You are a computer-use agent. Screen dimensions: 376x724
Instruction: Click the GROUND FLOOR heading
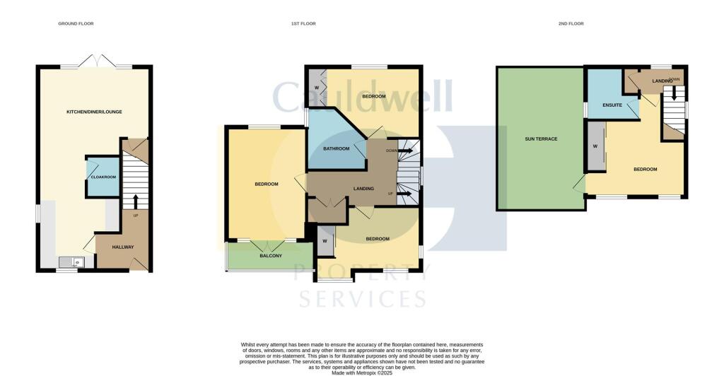click(76, 23)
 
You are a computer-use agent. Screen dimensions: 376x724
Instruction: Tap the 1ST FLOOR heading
click(303, 23)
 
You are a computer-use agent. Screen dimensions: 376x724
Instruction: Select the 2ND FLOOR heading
click(571, 23)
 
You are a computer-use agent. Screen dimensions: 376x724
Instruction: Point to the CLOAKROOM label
click(103, 177)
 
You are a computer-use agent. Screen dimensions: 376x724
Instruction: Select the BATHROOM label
click(337, 148)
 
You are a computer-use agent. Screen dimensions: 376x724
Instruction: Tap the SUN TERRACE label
click(541, 139)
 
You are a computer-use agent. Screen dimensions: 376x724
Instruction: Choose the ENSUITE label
click(612, 105)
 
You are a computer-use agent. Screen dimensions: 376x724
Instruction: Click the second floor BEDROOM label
click(645, 169)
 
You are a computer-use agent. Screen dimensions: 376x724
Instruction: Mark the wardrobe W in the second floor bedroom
click(595, 146)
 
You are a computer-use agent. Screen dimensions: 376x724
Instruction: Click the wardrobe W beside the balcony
click(325, 241)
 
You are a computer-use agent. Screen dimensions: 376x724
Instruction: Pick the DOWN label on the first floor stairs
click(391, 151)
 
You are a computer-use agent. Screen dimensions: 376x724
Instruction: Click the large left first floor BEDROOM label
click(266, 184)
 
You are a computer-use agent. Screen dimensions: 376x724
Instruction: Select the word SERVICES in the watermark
click(362, 298)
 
